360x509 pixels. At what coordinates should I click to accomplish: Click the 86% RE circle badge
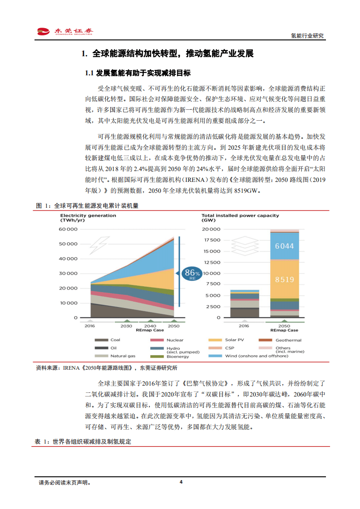[x=191, y=274]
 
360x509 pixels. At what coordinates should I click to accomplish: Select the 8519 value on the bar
[x=284, y=279]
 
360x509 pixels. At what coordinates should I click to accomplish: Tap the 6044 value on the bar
[x=284, y=246]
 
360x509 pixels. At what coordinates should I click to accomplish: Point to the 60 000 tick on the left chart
[x=69, y=229]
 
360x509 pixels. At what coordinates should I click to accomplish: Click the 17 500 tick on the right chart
[x=212, y=240]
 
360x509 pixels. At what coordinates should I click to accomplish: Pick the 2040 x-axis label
[x=150, y=326]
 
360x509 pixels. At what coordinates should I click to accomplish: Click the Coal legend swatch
[x=101, y=340]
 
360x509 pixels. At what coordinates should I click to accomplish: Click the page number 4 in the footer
[x=181, y=482]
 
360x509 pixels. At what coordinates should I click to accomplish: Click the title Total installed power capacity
[x=240, y=215]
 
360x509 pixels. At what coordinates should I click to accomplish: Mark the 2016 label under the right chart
[x=244, y=326]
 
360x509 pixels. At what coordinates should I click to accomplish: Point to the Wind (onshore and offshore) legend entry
[x=256, y=356]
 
